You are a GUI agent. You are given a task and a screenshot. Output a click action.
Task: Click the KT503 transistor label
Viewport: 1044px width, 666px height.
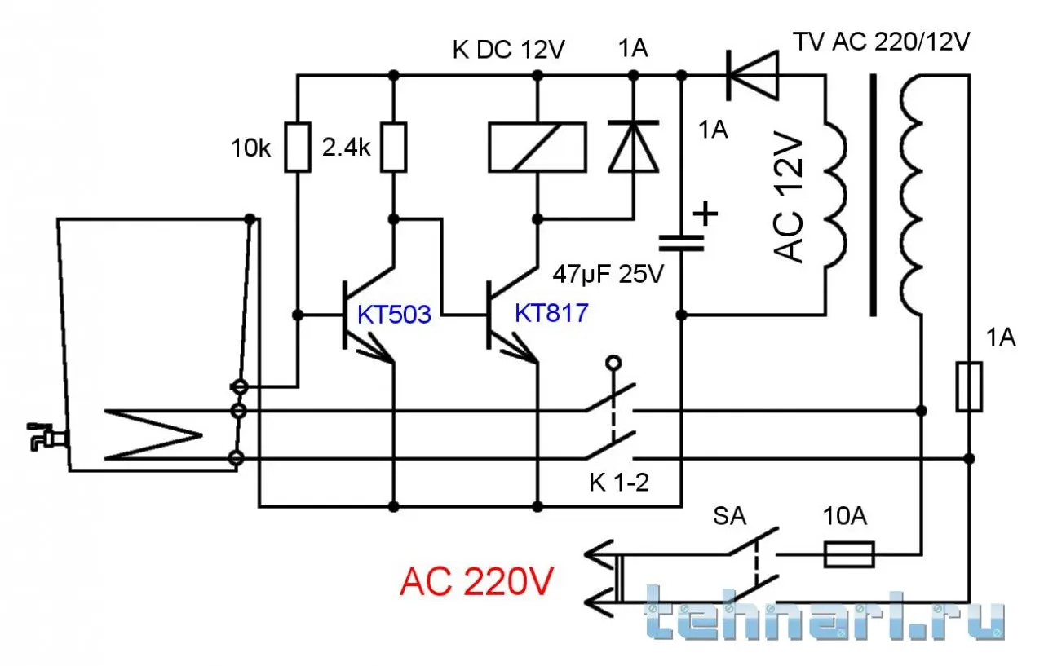click(394, 315)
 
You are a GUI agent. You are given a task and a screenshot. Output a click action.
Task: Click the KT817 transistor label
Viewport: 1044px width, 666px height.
click(551, 313)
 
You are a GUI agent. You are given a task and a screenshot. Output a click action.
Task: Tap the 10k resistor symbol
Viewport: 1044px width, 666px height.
click(298, 147)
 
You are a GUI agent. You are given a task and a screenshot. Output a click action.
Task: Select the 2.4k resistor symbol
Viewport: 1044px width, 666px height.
click(394, 147)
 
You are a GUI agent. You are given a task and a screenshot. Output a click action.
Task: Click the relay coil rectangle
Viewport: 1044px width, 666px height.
click(537, 147)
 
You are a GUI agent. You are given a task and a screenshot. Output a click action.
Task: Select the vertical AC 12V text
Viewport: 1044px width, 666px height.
click(788, 200)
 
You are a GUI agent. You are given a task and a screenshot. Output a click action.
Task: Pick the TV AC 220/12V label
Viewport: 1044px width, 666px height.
click(883, 42)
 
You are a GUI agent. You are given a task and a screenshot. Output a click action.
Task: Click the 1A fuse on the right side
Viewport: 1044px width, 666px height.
click(970, 386)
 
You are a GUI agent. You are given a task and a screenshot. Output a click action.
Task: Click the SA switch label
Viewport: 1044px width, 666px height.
click(730, 517)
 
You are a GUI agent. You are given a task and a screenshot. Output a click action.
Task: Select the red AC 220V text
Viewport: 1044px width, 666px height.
click(477, 582)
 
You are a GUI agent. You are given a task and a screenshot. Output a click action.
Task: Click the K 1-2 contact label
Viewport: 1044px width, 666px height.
click(618, 483)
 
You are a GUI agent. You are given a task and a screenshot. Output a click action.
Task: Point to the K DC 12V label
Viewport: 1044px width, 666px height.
click(509, 50)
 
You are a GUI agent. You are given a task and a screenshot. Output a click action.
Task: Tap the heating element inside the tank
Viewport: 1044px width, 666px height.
click(155, 434)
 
